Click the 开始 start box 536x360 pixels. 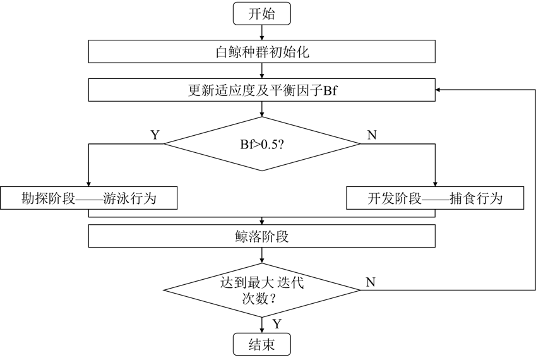(x=262, y=14)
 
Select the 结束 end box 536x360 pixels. (x=262, y=345)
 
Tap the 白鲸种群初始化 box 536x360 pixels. (x=262, y=52)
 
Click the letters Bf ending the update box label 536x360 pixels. (x=330, y=90)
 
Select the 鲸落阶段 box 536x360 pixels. (x=262, y=237)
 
